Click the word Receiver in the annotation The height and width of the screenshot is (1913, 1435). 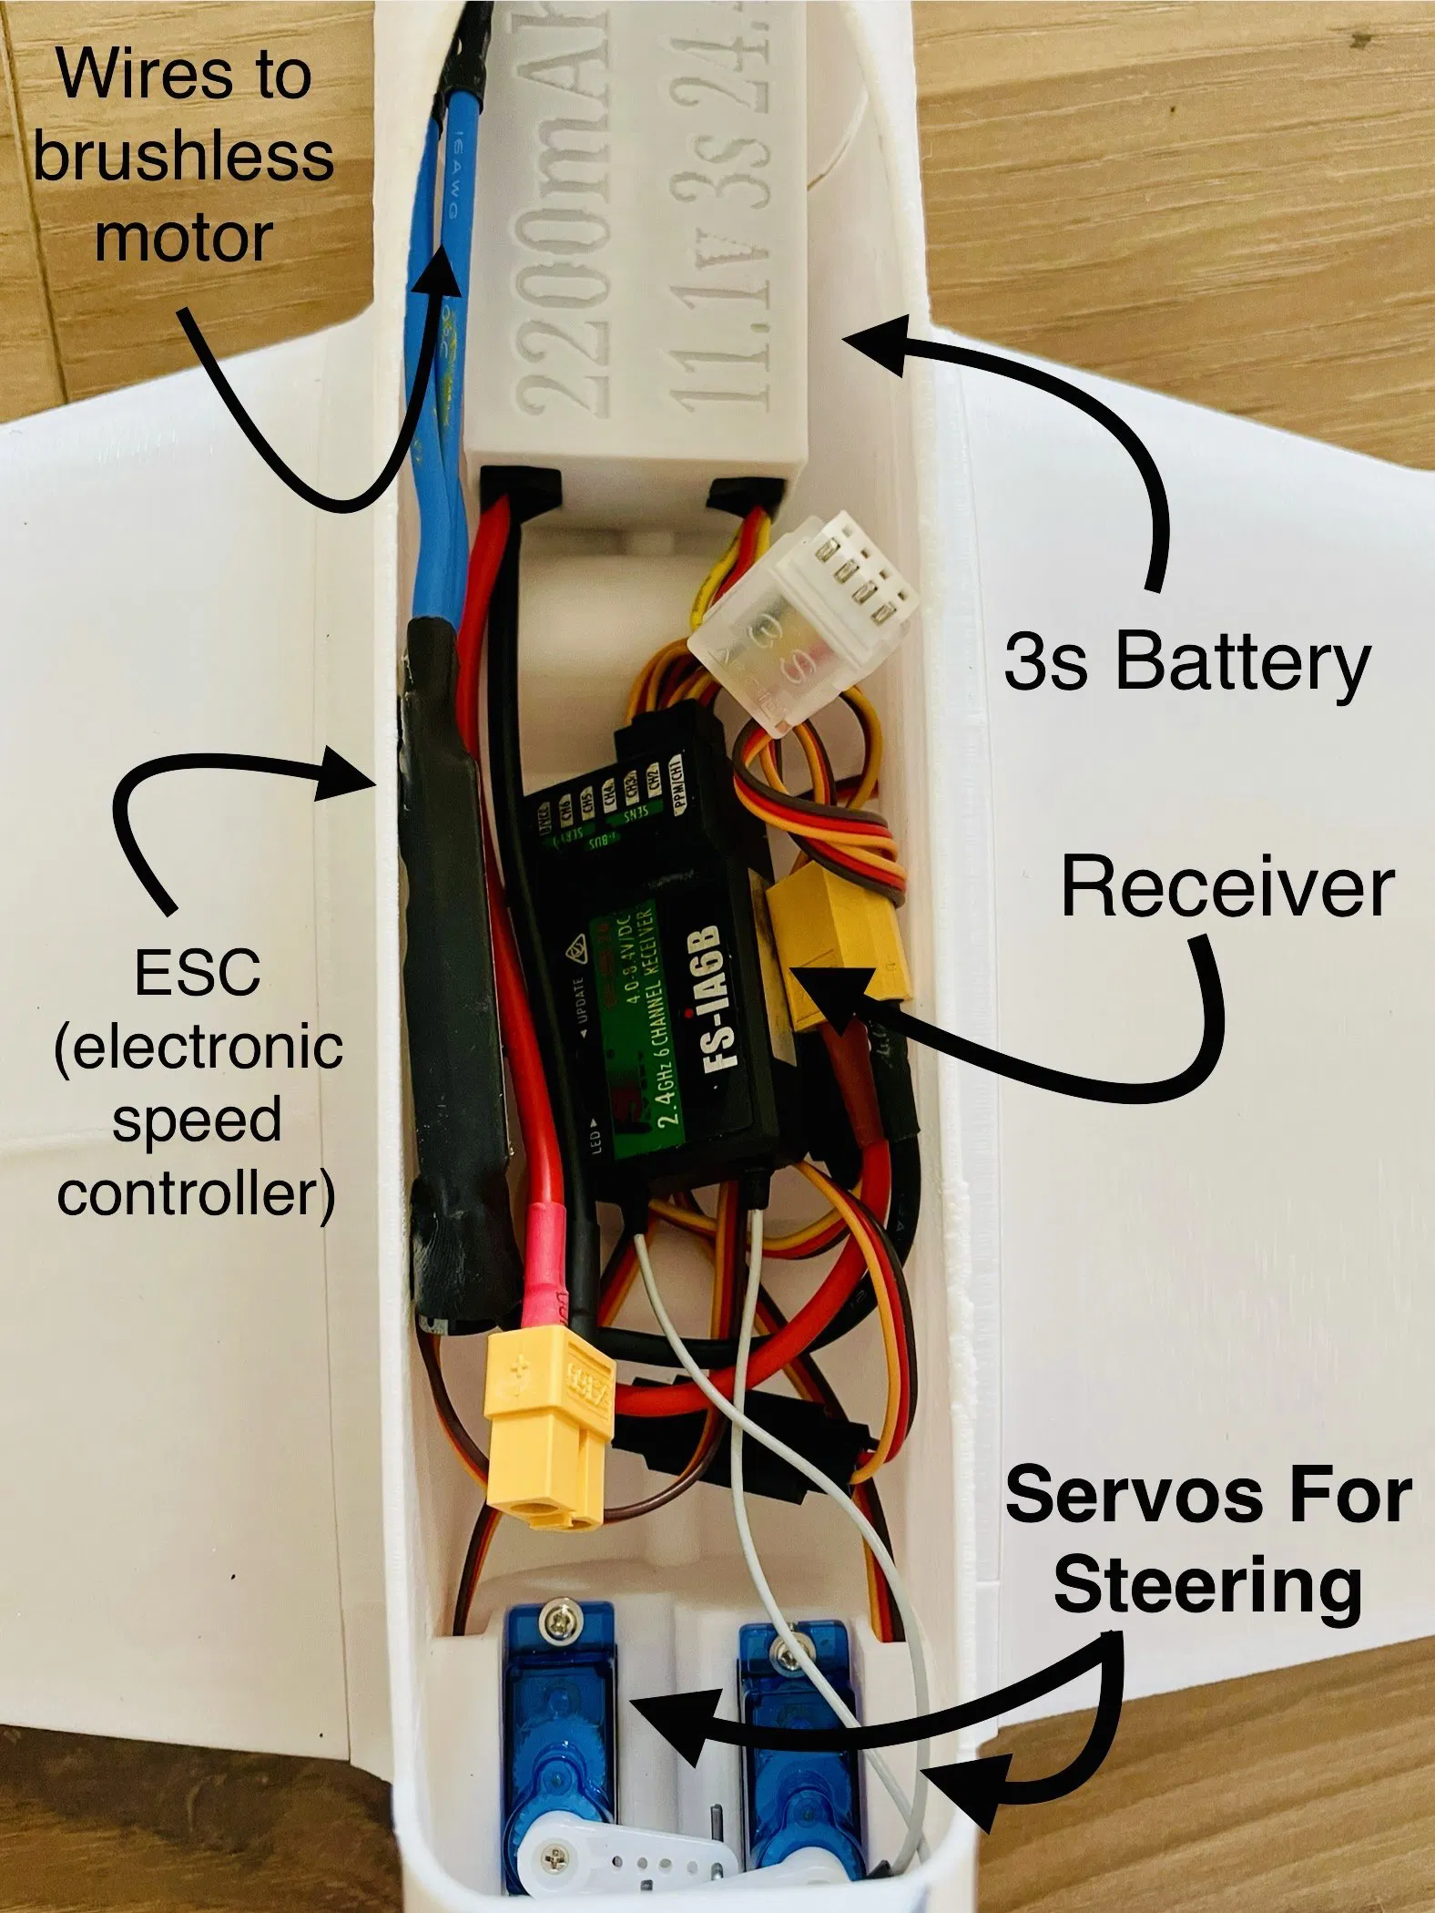coord(1227,887)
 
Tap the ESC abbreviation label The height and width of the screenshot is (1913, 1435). coord(198,972)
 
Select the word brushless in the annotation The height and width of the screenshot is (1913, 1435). coord(183,157)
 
